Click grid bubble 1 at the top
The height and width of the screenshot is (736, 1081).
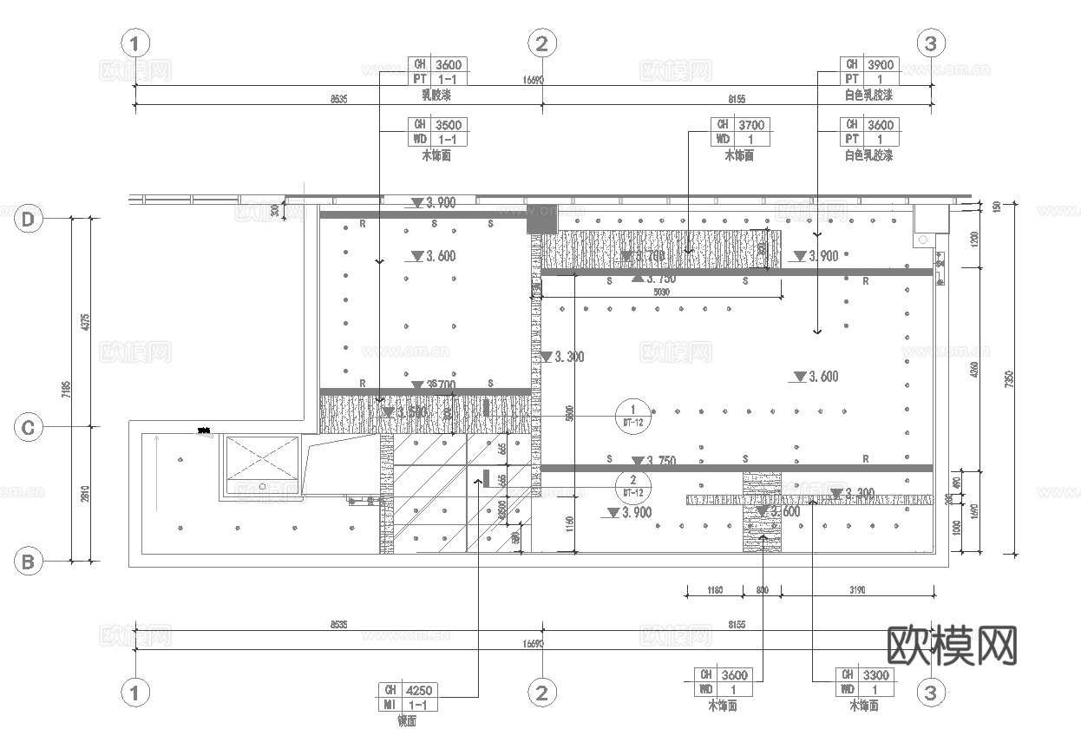[x=134, y=43]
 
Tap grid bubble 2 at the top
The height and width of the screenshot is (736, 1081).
[x=541, y=43]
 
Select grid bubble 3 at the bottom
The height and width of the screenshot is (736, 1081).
[x=931, y=693]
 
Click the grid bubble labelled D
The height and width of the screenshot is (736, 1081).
[x=28, y=220]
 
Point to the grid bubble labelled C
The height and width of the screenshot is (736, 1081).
[x=28, y=428]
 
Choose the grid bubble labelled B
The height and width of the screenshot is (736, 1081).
[x=28, y=562]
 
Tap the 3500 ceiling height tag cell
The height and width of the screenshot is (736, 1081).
[x=449, y=125]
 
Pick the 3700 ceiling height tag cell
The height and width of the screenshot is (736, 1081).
[x=751, y=125]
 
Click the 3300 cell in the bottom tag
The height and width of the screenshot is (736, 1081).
[x=877, y=674]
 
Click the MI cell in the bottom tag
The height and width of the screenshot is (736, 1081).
[x=390, y=705]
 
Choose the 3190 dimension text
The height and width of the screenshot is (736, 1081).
[x=857, y=590]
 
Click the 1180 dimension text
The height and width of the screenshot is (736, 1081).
[x=714, y=590]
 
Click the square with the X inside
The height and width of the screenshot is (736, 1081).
[x=263, y=465]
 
